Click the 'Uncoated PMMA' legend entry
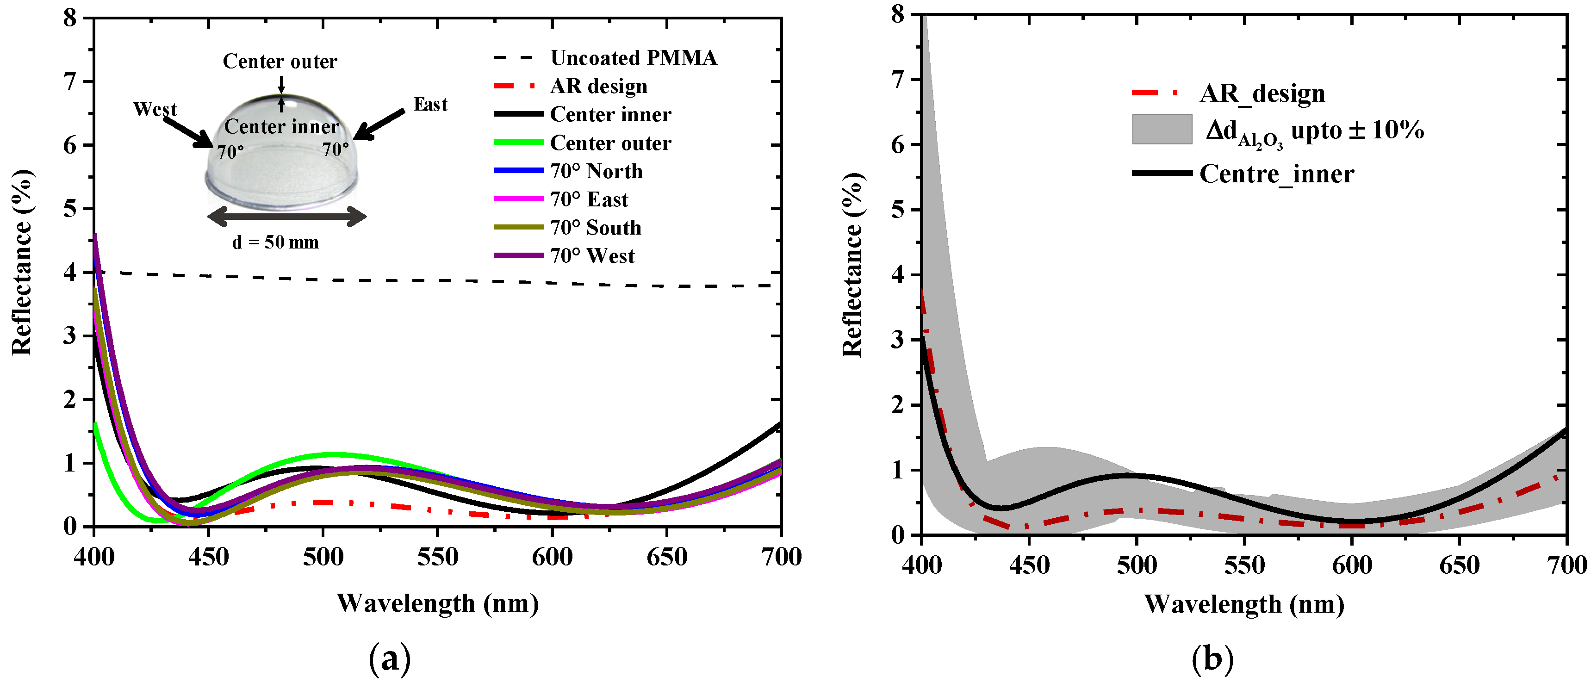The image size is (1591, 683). click(633, 58)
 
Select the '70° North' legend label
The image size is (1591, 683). click(596, 171)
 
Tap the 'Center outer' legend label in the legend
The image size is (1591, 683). click(610, 143)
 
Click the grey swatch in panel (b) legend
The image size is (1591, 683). click(1162, 130)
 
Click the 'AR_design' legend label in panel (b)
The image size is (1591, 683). click(1262, 94)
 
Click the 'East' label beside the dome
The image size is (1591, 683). click(430, 105)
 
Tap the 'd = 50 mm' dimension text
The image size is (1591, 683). click(275, 242)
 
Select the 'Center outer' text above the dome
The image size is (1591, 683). click(280, 61)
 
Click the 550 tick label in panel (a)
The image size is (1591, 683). click(437, 558)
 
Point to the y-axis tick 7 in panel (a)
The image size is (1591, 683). click(70, 81)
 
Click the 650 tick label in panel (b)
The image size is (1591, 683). click(1459, 565)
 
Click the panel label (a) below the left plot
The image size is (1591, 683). click(389, 659)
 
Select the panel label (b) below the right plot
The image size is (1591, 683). click(1212, 659)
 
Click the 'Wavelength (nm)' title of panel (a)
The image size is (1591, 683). click(437, 603)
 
